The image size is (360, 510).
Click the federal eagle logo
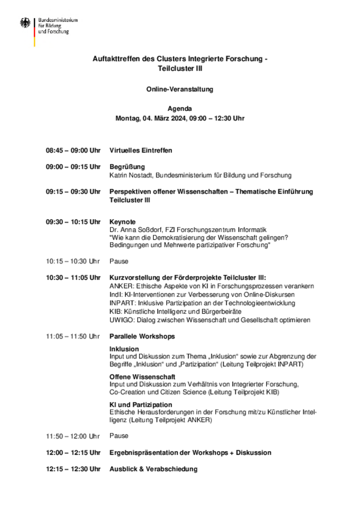(x=25, y=23)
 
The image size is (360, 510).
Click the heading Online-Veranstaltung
(x=180, y=89)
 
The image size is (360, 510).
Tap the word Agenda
(x=180, y=108)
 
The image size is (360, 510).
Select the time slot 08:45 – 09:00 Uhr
(x=73, y=151)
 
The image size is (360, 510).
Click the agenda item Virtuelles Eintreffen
(x=141, y=151)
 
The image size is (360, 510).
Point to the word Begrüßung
(x=127, y=167)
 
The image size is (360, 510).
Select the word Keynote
(x=122, y=222)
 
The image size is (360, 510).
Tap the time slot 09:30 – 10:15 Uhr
(x=73, y=222)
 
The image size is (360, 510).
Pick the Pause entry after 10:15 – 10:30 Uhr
(x=119, y=261)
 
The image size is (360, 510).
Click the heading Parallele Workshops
(x=142, y=336)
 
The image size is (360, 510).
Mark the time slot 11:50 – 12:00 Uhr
(x=73, y=436)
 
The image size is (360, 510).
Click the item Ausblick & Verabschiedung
(x=153, y=469)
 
